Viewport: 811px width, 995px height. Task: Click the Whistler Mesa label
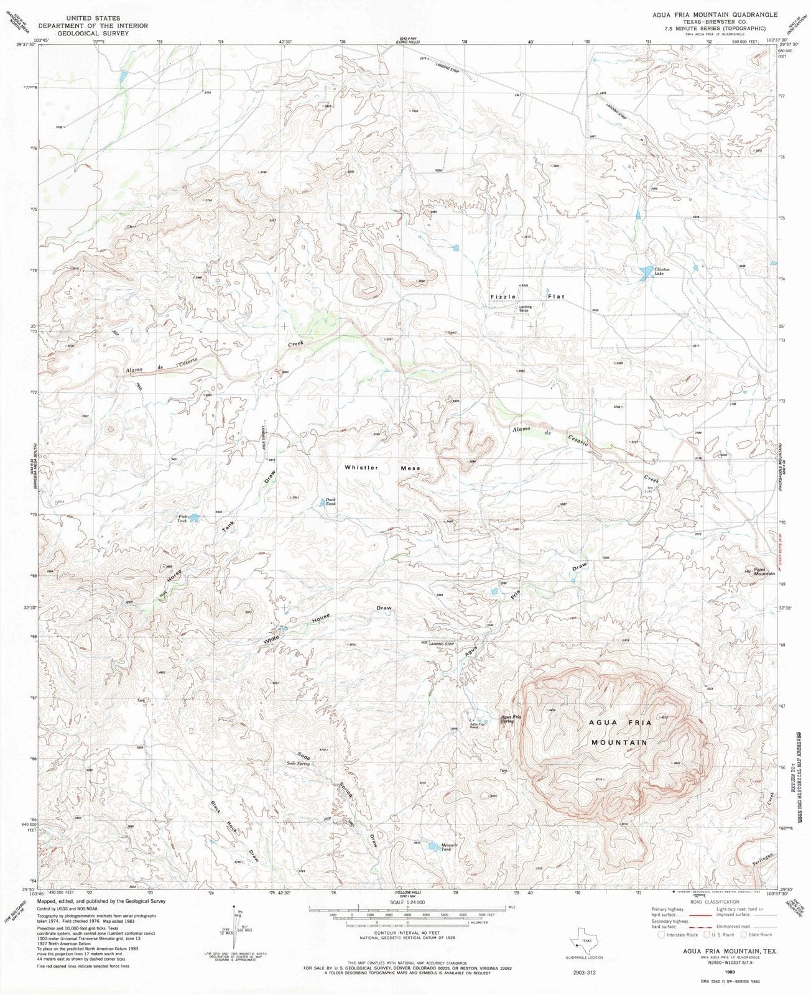coord(382,468)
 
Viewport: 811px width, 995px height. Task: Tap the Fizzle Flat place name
coord(527,297)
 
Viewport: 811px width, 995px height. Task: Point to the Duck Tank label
coord(330,501)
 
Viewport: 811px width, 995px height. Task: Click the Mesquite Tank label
coord(450,847)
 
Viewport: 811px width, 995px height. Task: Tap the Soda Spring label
coord(298,763)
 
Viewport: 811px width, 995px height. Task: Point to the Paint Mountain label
coord(764,571)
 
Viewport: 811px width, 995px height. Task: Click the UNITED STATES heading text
coord(93,19)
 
